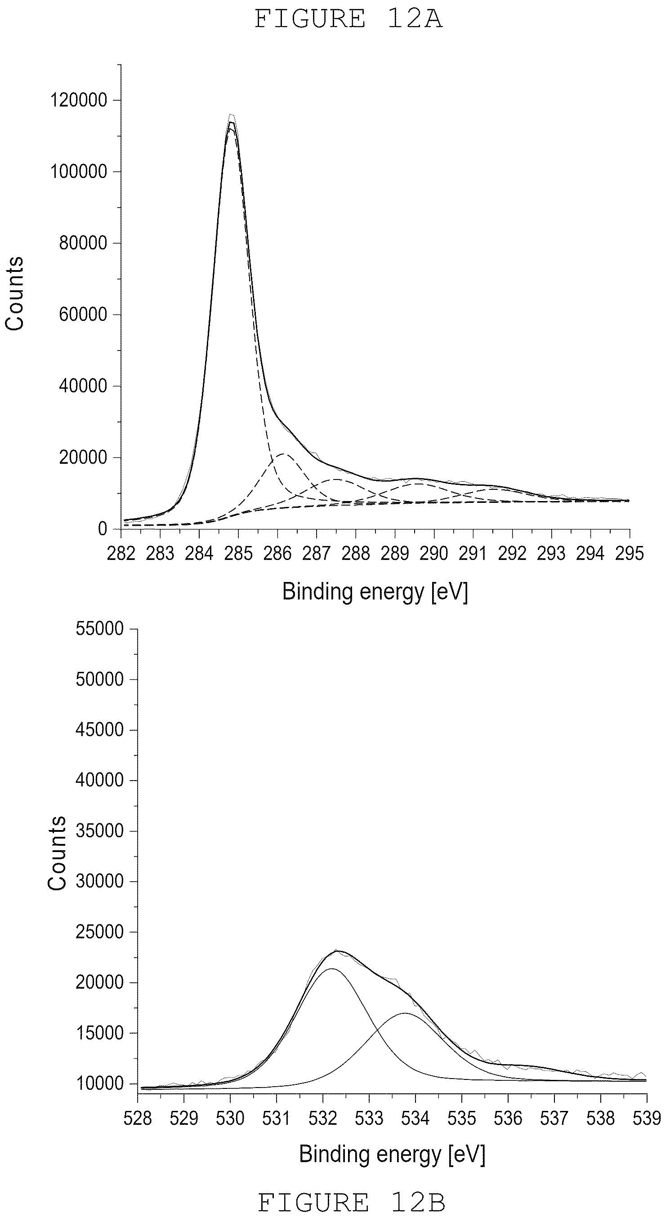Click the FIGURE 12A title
coord(348,19)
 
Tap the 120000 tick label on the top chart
coord(79,100)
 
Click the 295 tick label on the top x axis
coord(630,553)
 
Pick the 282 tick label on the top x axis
coord(121,553)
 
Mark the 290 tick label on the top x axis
coord(434,553)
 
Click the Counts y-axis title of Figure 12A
coord(15,293)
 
